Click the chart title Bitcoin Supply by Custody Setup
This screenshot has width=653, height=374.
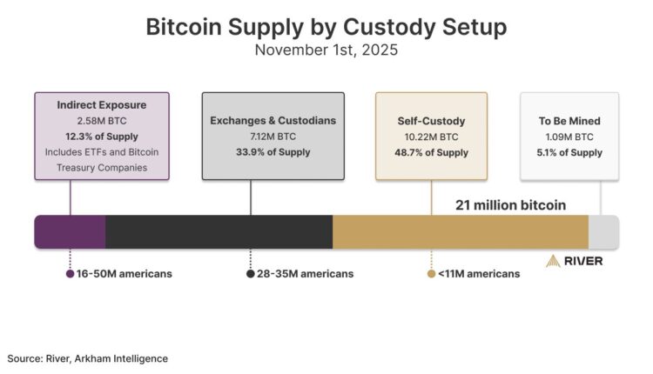tap(326, 26)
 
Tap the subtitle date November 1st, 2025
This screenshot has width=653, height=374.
tap(326, 50)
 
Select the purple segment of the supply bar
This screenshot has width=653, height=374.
tap(70, 232)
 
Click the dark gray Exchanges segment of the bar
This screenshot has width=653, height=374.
tap(219, 232)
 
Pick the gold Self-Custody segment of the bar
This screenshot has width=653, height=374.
tap(461, 232)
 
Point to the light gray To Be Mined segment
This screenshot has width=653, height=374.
tap(603, 232)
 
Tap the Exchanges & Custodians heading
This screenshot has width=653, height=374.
tap(273, 120)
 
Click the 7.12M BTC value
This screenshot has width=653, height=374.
tap(273, 136)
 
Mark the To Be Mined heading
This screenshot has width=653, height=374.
tap(569, 120)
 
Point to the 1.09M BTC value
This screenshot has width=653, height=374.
tap(569, 137)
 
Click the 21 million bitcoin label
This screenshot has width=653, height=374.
tap(510, 205)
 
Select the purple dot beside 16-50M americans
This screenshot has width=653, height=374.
tap(70, 274)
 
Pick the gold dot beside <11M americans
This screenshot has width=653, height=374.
tap(431, 274)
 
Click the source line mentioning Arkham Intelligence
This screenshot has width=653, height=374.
tap(87, 358)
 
